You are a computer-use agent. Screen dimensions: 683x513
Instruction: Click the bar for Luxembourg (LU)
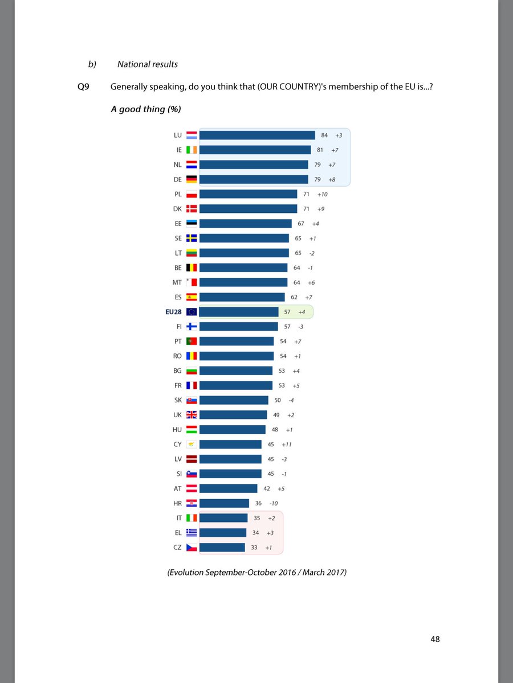coord(257,135)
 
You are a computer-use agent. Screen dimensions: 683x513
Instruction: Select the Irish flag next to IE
coord(192,150)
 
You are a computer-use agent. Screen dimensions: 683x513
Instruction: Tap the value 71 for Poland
coord(306,194)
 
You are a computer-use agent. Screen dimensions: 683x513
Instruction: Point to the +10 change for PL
coord(322,194)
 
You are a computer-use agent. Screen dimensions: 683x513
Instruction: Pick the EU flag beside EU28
coord(192,311)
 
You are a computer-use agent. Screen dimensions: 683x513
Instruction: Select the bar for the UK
coord(233,414)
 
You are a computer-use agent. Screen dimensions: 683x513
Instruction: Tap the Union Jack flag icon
coord(192,414)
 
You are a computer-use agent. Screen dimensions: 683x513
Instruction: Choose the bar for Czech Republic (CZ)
coord(222,548)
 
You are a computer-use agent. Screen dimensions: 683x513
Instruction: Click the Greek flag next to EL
coord(192,533)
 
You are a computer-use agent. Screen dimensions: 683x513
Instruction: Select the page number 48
coord(435,639)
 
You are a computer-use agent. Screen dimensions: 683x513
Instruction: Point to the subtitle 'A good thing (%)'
coord(146,108)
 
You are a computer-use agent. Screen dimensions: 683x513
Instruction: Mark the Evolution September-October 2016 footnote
coord(257,573)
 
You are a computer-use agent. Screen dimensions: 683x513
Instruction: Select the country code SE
coord(178,238)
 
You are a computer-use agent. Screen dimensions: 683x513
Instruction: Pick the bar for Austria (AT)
coord(229,488)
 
